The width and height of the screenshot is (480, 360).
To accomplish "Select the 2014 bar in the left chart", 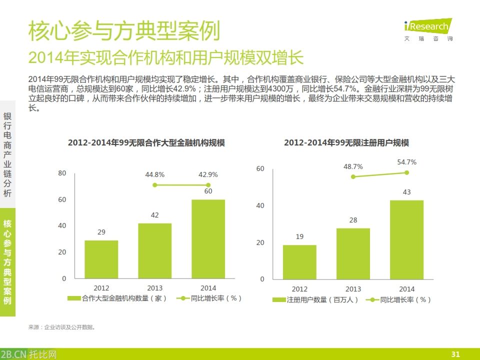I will click(208, 239).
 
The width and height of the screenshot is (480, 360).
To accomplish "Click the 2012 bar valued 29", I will click(101, 259).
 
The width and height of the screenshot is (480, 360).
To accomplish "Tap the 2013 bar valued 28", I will click(353, 253).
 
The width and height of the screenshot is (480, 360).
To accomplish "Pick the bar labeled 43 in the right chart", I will click(406, 239).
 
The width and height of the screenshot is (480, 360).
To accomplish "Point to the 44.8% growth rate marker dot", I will click(155, 185).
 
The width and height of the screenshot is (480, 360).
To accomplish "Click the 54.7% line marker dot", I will click(406, 172).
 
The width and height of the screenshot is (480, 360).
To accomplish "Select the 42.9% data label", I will click(208, 174).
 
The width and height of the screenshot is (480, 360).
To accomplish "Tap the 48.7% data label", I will click(353, 166).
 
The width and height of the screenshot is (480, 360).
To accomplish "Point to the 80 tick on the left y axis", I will click(62, 173).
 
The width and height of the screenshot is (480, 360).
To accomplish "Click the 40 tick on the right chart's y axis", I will click(260, 205).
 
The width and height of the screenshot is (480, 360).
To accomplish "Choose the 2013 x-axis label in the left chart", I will click(155, 288).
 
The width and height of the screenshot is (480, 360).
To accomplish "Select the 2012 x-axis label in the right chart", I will click(299, 289).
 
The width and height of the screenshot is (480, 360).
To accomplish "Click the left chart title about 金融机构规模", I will click(146, 142).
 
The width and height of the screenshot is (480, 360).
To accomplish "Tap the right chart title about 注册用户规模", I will click(346, 142).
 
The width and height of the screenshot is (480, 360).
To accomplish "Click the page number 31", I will click(455, 354).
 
